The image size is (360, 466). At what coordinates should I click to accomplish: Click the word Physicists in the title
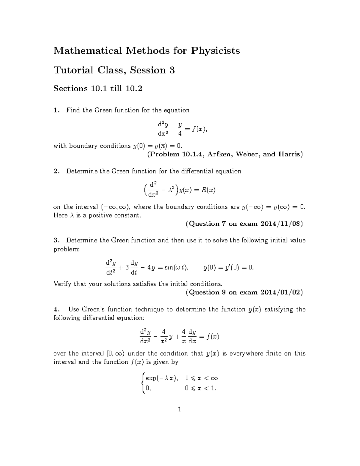click(215, 51)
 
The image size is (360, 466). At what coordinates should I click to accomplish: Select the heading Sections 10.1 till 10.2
click(97, 89)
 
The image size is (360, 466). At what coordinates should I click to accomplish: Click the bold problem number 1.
click(55, 110)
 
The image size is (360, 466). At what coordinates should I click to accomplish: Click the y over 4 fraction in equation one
click(180, 129)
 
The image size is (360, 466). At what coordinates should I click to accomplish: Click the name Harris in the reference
click(289, 155)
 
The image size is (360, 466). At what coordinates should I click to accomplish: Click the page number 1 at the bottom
click(179, 409)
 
